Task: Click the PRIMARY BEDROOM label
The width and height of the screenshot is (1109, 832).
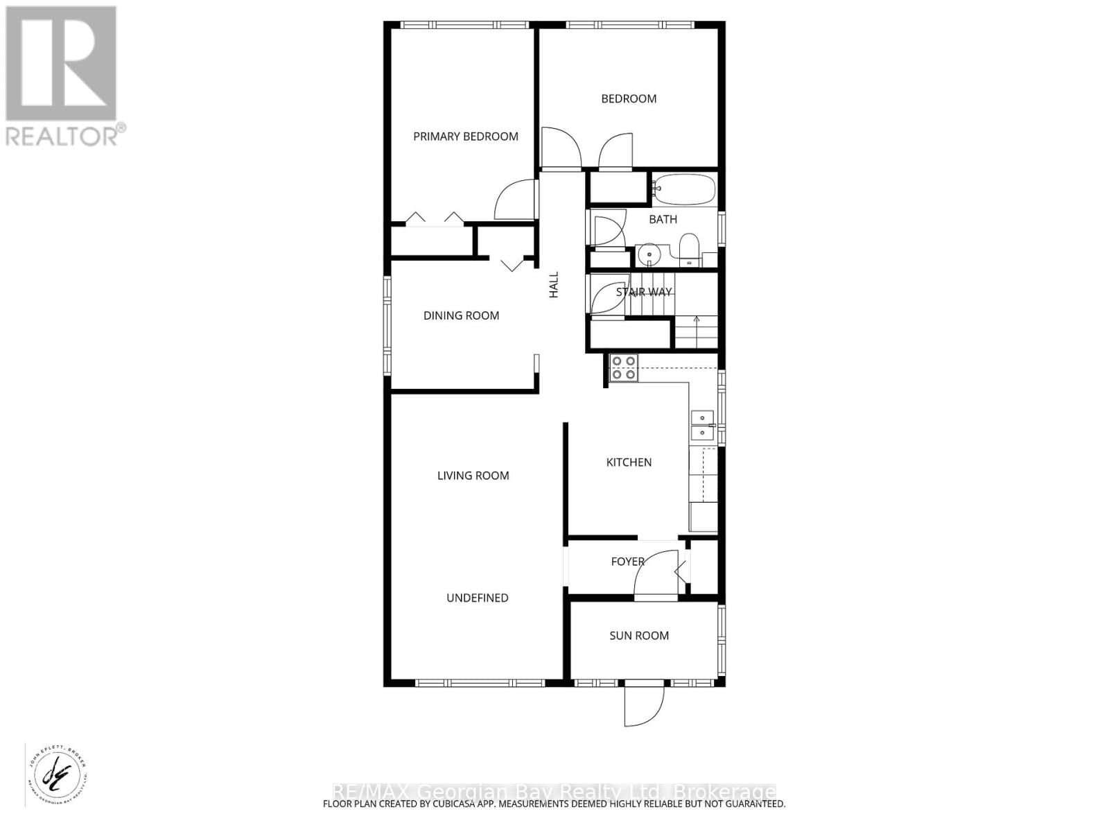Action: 466,137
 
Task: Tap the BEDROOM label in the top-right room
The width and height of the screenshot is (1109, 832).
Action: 629,99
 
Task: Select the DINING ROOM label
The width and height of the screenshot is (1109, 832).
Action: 461,316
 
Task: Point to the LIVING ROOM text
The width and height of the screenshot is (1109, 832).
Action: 473,476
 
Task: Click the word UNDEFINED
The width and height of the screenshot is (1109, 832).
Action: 477,598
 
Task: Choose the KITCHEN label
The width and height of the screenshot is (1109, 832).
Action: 629,462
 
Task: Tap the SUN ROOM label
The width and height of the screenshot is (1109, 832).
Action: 639,636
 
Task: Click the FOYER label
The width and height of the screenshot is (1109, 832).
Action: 627,562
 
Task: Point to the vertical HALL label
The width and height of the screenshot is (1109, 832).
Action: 553,285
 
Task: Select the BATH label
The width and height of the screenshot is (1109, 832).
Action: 663,220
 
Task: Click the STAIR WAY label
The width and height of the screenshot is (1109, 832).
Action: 644,293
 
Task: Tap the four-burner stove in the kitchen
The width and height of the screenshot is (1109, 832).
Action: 624,368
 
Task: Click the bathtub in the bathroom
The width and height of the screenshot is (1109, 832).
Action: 684,189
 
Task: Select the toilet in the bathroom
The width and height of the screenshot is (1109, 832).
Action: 689,250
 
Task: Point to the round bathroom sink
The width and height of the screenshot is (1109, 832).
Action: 649,254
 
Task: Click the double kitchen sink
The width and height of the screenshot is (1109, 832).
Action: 703,425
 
